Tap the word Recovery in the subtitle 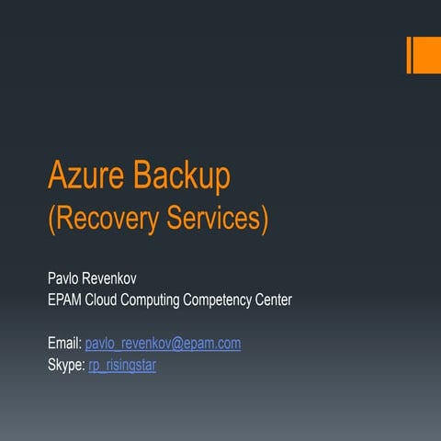click(x=108, y=220)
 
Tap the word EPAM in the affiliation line click(x=66, y=300)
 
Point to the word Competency click(x=238, y=300)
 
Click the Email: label click(x=64, y=344)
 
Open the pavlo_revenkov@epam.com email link click(x=163, y=344)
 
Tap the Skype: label click(x=66, y=366)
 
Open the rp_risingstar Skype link click(x=122, y=366)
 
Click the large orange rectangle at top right click(x=427, y=54)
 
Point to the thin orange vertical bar click(x=409, y=54)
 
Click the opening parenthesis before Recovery click(x=51, y=220)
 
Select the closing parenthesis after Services click(x=265, y=220)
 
